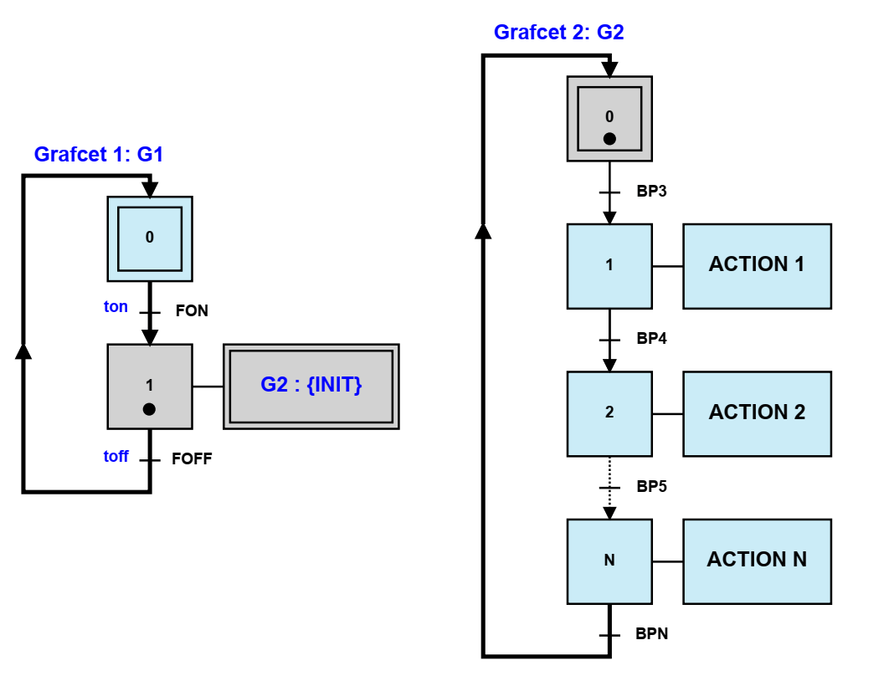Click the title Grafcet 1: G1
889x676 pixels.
[98, 155]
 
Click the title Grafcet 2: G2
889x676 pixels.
[558, 33]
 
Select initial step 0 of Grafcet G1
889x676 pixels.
[150, 238]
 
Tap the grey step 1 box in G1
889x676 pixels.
[150, 387]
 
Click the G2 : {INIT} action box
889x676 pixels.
[311, 387]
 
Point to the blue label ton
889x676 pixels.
[116, 307]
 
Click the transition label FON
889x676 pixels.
[192, 311]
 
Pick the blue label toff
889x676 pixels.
[116, 456]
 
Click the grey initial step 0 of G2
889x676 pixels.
[609, 118]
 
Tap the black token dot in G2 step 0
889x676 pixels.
[609, 139]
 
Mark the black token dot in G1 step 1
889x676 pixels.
[149, 409]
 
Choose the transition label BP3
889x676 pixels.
[651, 192]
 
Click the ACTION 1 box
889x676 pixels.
[757, 265]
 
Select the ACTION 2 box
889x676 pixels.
[757, 413]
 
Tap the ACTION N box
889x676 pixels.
[757, 561]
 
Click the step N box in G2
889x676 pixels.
[609, 561]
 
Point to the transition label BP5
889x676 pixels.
[651, 486]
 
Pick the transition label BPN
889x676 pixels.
[652, 634]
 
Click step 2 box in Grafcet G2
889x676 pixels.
[609, 413]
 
